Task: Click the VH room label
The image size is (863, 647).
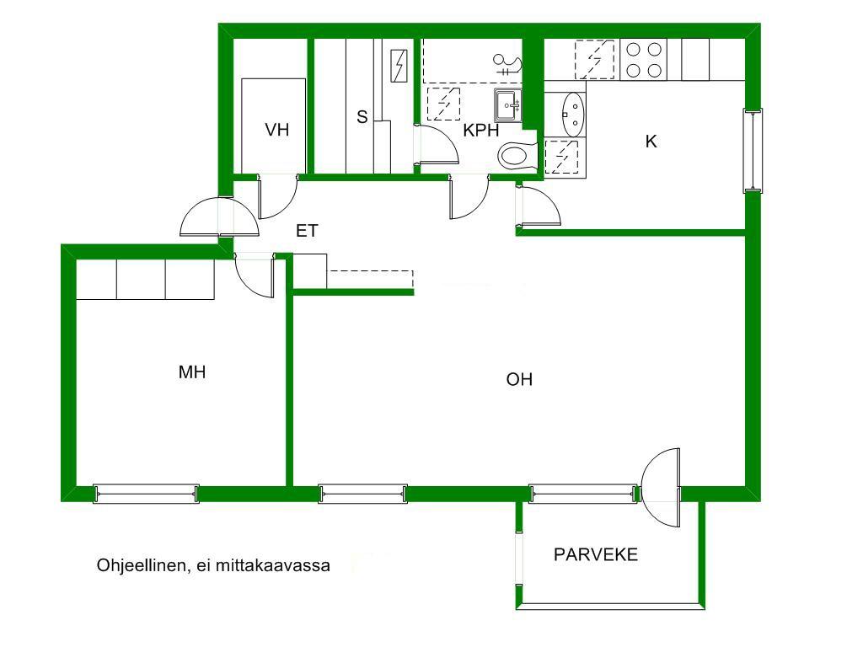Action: (276, 130)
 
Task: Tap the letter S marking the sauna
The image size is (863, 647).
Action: (362, 116)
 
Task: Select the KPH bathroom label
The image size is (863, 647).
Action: (481, 131)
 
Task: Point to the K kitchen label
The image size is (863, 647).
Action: (651, 142)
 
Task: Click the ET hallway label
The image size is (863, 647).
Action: (307, 231)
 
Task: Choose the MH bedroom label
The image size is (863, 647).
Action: (192, 372)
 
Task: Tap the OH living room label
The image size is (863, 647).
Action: (519, 380)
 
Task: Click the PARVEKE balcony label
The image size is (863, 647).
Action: (596, 554)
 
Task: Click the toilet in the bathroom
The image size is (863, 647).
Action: (517, 156)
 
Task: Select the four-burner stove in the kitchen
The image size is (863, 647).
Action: (643, 60)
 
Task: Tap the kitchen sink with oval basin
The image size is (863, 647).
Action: (572, 115)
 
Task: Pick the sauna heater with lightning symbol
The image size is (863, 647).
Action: (399, 66)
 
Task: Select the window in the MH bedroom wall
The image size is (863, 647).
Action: (147, 494)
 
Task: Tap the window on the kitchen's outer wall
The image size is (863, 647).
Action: (753, 151)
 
